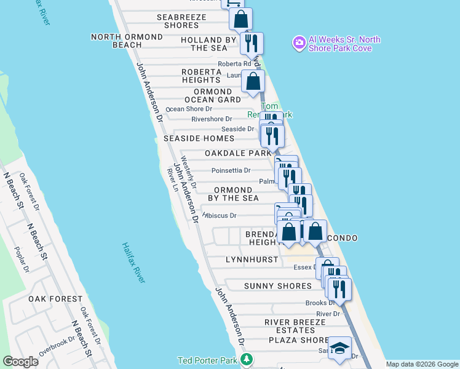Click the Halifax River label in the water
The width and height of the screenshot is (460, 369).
point(134,262)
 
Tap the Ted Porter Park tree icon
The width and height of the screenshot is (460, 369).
point(247,359)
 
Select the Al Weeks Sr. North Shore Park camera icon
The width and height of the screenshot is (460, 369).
point(299,42)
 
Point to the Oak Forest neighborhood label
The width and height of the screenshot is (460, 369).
point(55,299)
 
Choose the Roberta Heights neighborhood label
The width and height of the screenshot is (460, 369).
point(201,76)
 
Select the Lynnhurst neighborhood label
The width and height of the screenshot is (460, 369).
point(252,260)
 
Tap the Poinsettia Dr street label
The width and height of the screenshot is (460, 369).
point(231,170)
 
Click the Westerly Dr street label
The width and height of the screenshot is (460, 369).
point(189,177)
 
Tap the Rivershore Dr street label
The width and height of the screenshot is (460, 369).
point(212,119)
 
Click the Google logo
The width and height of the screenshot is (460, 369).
point(21,362)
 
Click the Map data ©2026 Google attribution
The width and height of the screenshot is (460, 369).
point(421,364)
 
